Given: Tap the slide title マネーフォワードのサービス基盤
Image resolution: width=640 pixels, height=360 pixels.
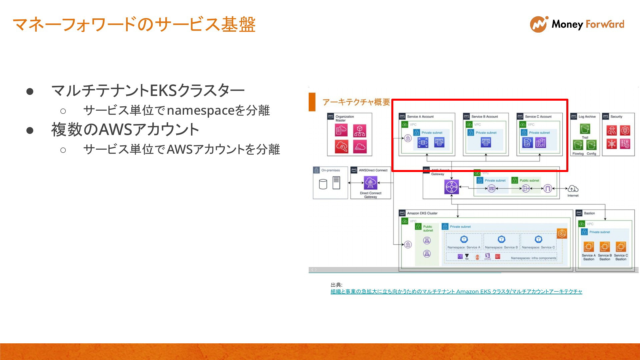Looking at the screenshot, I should (134, 25).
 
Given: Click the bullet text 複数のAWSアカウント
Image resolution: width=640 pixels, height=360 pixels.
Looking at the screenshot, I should (125, 130).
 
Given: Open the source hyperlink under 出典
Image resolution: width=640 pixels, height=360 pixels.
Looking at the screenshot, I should (456, 292).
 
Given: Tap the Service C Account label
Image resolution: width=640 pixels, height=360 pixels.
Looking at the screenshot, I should (538, 117).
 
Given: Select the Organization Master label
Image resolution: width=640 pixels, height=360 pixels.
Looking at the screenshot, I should (344, 118).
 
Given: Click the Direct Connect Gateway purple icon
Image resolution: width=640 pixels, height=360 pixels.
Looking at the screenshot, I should (370, 183).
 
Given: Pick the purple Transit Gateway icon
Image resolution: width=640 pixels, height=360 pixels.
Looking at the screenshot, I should (451, 187).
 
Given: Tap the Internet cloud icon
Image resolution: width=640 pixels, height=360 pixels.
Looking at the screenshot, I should (573, 189).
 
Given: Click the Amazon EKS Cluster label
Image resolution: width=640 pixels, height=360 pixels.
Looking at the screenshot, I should (422, 213).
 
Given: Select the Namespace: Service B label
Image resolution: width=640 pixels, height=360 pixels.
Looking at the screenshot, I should (501, 247).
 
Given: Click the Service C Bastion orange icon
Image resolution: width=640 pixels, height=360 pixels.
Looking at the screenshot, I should (621, 247).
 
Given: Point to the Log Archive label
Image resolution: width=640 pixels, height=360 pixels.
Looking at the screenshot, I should (587, 117).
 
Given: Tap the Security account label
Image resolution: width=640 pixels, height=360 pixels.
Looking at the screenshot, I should (616, 117).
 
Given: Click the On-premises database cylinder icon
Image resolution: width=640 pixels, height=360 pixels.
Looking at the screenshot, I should (323, 184).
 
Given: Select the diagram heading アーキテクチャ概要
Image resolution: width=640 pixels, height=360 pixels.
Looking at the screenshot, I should (356, 102).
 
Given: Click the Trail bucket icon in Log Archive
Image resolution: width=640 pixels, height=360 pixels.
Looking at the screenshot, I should (585, 129).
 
